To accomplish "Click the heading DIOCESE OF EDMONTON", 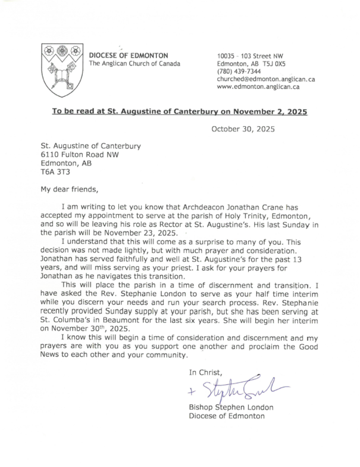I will [128, 55].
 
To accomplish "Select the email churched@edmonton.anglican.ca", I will [266, 79].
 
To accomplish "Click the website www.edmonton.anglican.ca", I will [258, 87].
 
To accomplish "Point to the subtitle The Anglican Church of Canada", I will [134, 64].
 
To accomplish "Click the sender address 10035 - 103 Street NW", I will [252, 55].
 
